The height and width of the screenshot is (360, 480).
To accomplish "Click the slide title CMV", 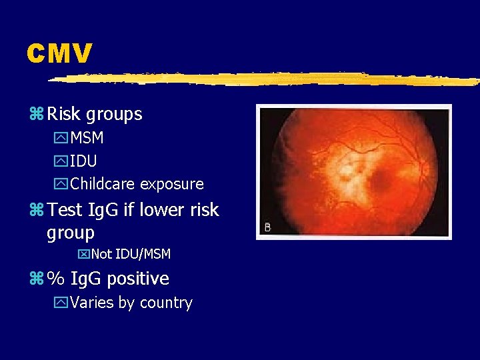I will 59,54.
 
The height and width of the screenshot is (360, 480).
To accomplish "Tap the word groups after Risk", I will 115,115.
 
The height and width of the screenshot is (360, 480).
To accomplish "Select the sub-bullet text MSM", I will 87,139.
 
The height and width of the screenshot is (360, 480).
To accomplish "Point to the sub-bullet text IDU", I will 83,161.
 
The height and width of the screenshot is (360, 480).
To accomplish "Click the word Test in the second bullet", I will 65,210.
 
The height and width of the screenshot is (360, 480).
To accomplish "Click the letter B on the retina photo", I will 268,227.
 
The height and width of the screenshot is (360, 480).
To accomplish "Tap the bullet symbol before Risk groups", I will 35,115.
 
